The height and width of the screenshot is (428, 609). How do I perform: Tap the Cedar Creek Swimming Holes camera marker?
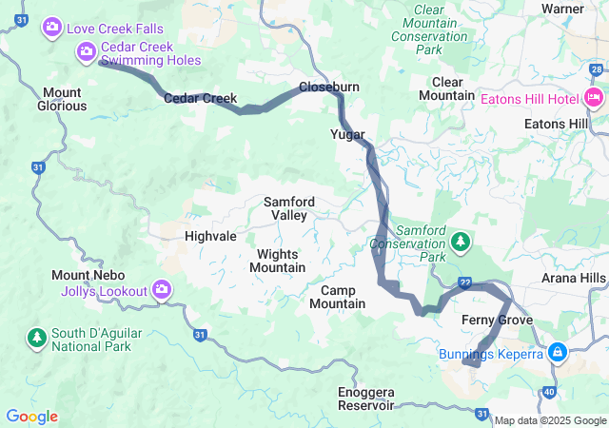coord(87,50)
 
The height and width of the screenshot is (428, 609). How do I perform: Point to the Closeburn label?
coord(329,87)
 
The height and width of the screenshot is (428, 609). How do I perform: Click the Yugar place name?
coord(348,134)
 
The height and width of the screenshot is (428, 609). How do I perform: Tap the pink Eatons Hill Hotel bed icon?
coord(595,97)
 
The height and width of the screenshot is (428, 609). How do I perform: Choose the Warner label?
coord(562,9)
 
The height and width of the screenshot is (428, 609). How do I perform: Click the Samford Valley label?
coord(289,208)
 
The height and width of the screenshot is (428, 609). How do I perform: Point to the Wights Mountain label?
coord(278,261)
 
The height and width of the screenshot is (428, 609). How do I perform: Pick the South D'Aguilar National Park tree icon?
coord(37,338)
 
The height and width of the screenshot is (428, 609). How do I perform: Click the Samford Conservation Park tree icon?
coord(462,243)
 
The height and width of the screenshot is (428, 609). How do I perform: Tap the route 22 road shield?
coord(464,283)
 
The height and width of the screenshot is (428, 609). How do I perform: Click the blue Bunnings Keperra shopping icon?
coord(557,354)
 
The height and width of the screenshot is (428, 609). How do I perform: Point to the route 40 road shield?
coord(550,391)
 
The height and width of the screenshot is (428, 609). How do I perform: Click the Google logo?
coord(31,416)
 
